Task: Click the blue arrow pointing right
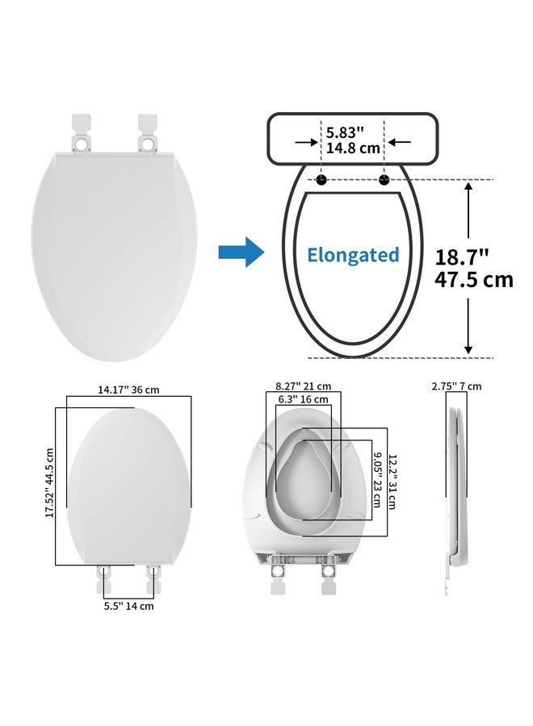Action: [241, 252]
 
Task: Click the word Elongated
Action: [353, 255]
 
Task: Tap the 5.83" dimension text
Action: [345, 132]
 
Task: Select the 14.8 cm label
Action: [353, 148]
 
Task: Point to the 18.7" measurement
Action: [462, 257]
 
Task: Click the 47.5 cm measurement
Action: [474, 280]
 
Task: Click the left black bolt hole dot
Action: [321, 180]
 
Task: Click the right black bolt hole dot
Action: [384, 180]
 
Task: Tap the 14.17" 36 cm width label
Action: [128, 390]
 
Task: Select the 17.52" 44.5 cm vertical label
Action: [50, 483]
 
